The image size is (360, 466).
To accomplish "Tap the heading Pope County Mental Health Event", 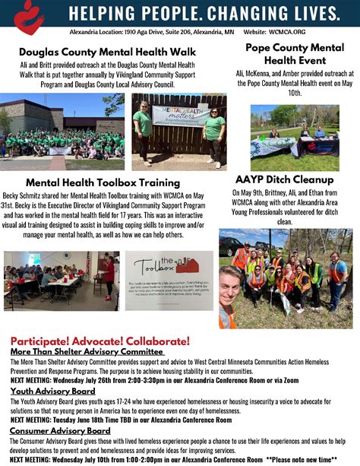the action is (295, 54).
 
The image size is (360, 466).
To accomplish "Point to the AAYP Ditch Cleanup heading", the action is (283, 180).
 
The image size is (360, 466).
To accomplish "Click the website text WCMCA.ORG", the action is (286, 33).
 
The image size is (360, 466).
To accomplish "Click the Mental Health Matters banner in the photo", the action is (181, 115).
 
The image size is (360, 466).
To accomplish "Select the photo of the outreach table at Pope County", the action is (294, 138).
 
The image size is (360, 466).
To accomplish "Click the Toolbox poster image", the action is (169, 280).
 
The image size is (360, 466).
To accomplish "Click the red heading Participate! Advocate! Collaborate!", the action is (99, 341).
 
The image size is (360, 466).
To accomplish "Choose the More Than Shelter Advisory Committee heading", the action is (87, 352).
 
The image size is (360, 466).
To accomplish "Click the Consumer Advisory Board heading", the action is (60, 431).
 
